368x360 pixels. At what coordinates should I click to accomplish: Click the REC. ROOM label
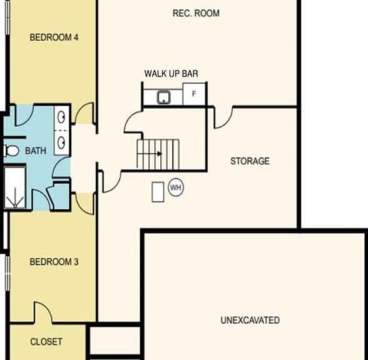coord(197,13)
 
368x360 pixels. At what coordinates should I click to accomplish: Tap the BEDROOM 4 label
coord(54,37)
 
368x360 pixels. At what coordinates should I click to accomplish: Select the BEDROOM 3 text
coord(54,262)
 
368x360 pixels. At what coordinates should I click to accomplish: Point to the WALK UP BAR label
coord(171,74)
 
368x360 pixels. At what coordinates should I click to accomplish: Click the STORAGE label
coord(250,161)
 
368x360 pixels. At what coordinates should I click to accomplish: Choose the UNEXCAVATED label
coord(250,320)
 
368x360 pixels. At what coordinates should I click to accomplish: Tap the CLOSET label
coord(46,342)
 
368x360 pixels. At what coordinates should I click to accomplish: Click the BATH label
coord(36,151)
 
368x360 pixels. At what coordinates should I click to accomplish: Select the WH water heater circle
coord(176,187)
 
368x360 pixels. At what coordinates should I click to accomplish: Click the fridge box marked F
coord(194,94)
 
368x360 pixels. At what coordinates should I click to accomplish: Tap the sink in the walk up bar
coord(164,97)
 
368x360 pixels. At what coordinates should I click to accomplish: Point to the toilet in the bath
coord(11,151)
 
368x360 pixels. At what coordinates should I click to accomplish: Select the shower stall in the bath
coord(15,187)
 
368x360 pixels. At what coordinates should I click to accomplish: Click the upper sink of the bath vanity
coord(61,117)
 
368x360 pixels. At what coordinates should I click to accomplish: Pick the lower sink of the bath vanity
coord(61,142)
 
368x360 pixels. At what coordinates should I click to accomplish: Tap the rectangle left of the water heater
coord(158,192)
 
